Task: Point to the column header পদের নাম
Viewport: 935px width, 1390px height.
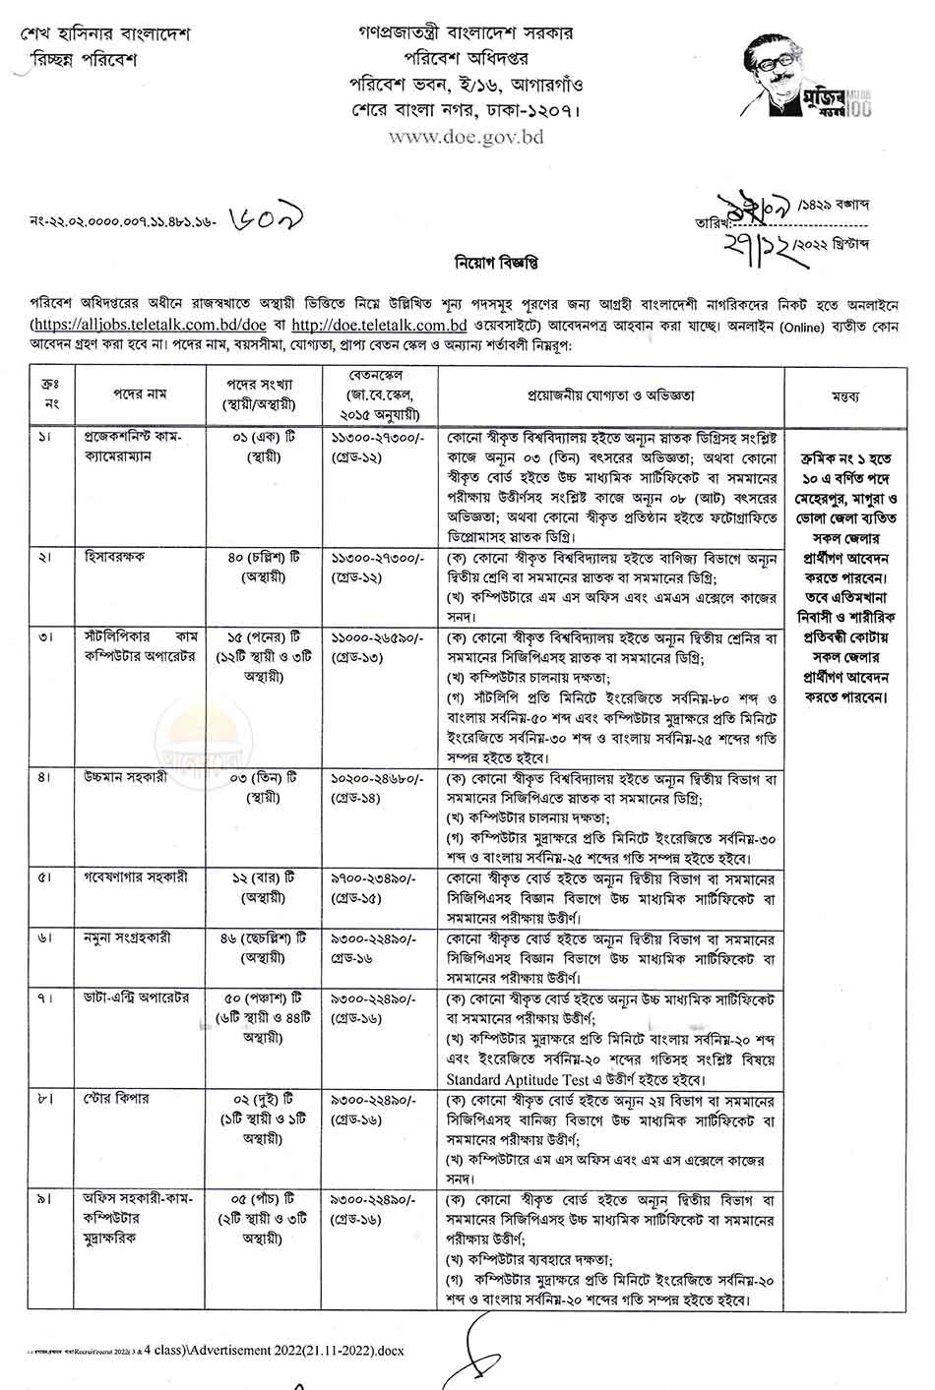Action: [x=139, y=395]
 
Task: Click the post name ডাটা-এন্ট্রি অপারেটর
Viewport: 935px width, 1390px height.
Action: [x=136, y=999]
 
